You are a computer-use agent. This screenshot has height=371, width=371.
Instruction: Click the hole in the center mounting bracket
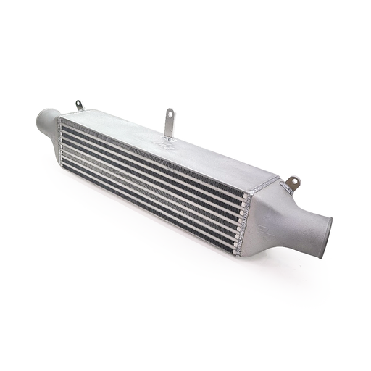[x=170, y=114]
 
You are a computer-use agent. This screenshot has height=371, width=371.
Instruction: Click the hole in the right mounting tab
[x=293, y=180]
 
